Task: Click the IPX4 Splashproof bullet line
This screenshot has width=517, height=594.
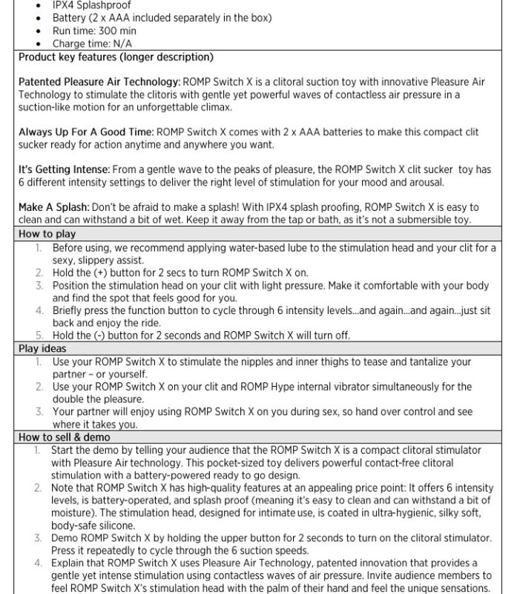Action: click(90, 4)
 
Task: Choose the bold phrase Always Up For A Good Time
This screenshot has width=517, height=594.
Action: click(85, 132)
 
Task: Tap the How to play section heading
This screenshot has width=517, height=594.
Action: click(46, 234)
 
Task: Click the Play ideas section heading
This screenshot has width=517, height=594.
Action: click(42, 348)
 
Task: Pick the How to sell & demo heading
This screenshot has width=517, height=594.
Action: click(64, 437)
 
